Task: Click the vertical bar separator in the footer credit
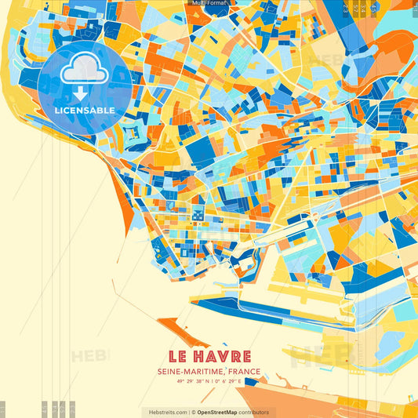click(x=192, y=412)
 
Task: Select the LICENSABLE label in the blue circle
click(x=85, y=110)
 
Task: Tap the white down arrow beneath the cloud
click(x=81, y=93)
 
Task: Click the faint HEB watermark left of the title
click(x=90, y=357)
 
